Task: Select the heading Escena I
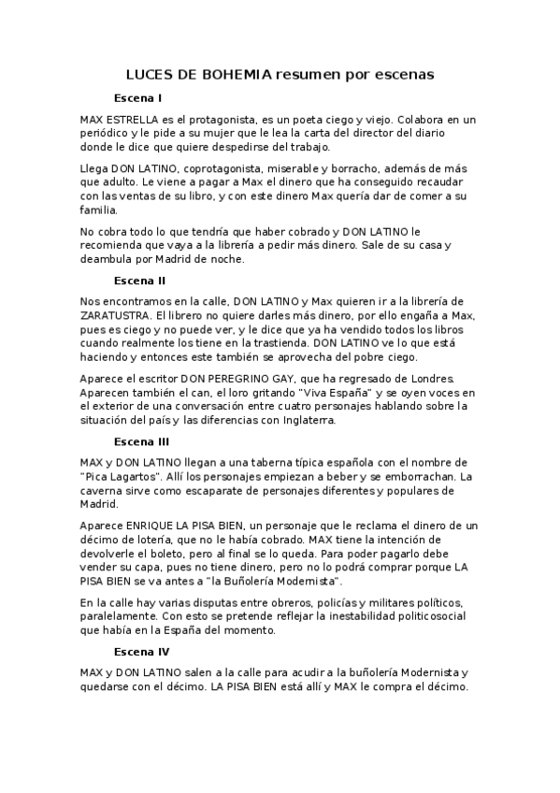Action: [x=137, y=98]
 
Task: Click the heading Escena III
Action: [x=141, y=441]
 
